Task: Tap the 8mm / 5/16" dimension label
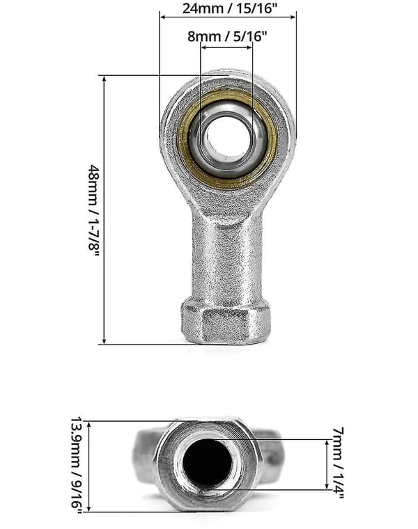tap(227, 35)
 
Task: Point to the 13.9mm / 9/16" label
tap(77, 466)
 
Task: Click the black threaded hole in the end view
tap(208, 464)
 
